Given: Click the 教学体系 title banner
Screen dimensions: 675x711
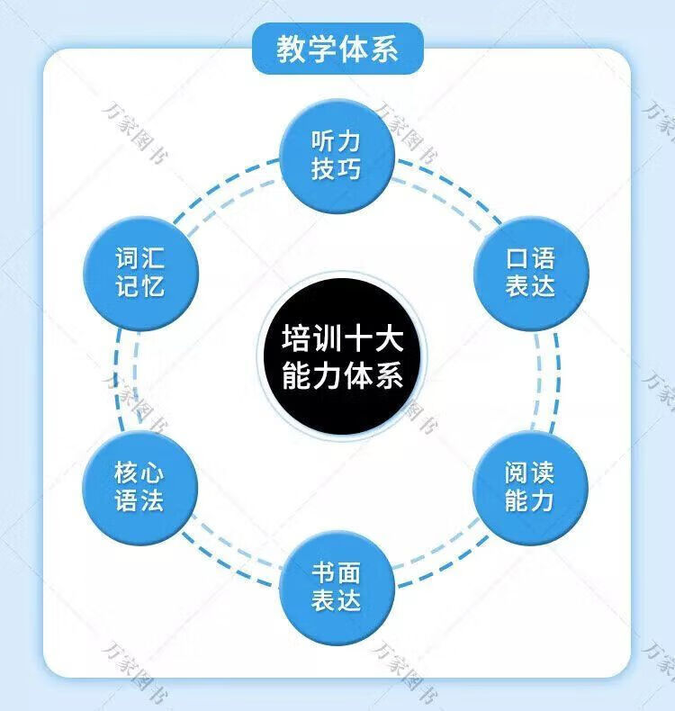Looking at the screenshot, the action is point(337,48).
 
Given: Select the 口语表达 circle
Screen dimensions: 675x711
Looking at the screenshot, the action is point(530,272).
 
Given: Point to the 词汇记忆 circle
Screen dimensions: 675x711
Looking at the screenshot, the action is point(139,272).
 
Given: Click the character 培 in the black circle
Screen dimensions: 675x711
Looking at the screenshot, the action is point(295,341).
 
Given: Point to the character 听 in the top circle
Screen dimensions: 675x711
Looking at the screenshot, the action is point(323,142).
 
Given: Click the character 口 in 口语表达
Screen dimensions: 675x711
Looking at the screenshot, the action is point(517,258).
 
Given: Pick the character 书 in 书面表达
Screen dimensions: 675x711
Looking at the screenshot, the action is point(323,573).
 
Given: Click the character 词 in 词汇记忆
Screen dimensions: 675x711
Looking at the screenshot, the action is point(127,258).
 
